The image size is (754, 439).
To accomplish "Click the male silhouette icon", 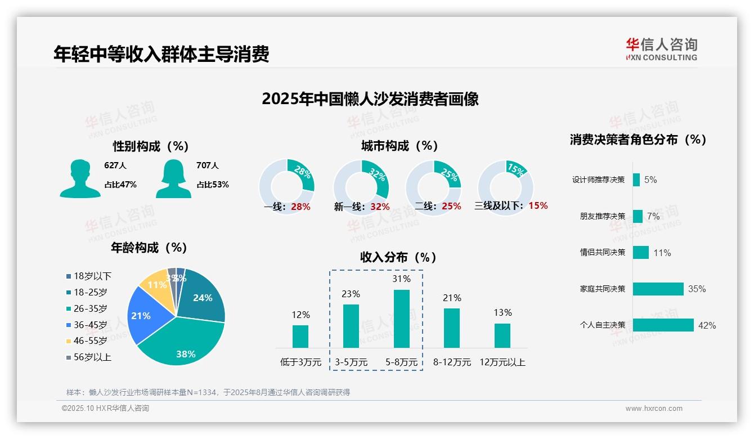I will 80,178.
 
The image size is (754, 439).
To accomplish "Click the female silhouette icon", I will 173,178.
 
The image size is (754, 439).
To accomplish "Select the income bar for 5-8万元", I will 401,319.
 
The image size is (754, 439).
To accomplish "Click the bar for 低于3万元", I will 300,336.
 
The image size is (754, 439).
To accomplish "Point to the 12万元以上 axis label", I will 502,362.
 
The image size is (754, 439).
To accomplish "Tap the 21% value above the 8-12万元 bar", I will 452,298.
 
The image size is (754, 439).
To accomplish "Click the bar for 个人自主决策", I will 663,325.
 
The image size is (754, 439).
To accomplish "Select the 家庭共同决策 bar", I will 658,289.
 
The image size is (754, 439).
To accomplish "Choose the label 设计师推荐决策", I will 598,180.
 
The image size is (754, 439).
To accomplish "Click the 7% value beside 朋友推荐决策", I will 653,216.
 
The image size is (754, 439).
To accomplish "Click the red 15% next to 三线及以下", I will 538,206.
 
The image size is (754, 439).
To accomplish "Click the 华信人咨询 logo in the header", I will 661,50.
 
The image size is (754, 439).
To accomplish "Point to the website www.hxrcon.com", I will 653,409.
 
